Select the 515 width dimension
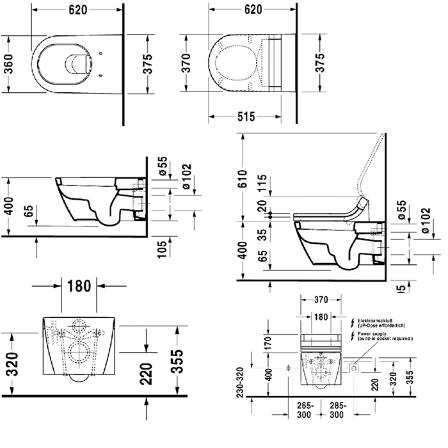coord(246,116)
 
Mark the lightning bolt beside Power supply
coord(351,335)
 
